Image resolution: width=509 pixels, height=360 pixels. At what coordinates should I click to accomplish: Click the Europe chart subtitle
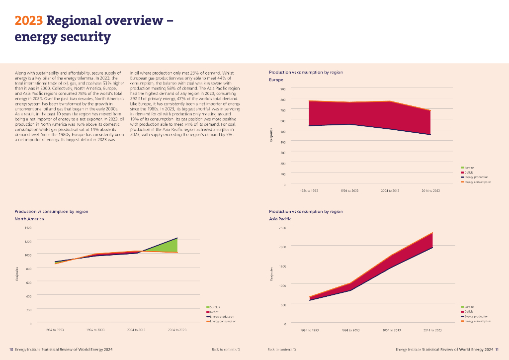tap(276, 80)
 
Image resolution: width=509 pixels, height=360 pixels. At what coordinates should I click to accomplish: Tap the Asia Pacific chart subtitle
tap(280, 219)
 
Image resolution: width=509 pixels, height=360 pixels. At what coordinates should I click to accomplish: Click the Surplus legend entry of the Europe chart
tap(469, 168)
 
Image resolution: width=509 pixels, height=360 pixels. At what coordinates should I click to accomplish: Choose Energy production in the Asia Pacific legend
tap(475, 316)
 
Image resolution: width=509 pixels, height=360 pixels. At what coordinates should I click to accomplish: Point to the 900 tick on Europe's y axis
tap(283, 90)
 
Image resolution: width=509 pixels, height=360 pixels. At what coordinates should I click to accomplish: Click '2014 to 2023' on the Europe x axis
tap(430, 190)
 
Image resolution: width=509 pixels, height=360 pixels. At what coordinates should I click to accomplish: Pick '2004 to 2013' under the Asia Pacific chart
tap(392, 330)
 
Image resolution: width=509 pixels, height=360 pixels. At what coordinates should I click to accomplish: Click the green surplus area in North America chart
tap(170, 245)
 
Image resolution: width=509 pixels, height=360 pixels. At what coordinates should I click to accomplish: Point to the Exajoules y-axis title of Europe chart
tap(271, 134)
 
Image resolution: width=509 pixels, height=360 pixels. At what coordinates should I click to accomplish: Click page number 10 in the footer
tap(11, 350)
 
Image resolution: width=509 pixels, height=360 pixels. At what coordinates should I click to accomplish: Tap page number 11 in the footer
tap(497, 350)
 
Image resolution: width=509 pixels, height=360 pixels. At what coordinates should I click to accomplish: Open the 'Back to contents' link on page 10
tap(226, 350)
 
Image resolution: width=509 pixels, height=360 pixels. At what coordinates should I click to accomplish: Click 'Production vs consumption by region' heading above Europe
tap(305, 72)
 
